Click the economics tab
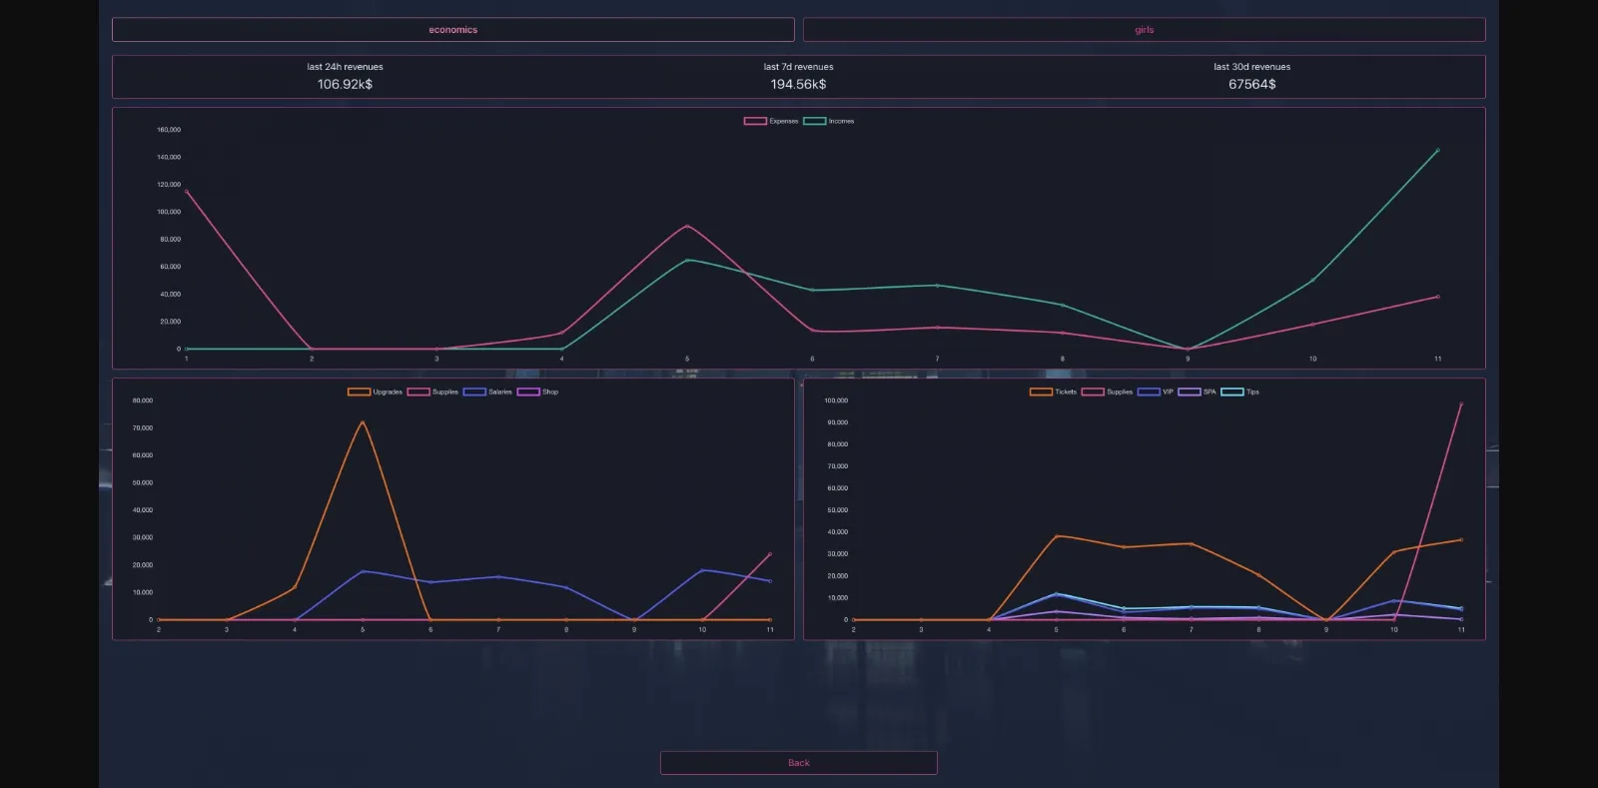[x=452, y=30]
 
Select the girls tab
[x=1144, y=30]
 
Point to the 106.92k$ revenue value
[x=345, y=85]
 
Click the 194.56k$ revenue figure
[x=798, y=85]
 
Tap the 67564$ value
[x=1251, y=85]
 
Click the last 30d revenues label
[x=1251, y=67]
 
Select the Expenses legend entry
[x=771, y=121]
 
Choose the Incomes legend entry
[x=829, y=121]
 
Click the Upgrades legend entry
[x=375, y=392]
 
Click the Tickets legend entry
[x=1054, y=392]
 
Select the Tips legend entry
[x=1239, y=392]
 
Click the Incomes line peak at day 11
[x=1437, y=151]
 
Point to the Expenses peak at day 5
[x=687, y=226]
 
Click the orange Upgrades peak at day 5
[x=363, y=422]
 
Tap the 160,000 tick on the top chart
[x=169, y=130]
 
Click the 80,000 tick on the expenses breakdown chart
[x=143, y=400]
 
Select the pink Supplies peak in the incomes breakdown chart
[x=1461, y=404]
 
